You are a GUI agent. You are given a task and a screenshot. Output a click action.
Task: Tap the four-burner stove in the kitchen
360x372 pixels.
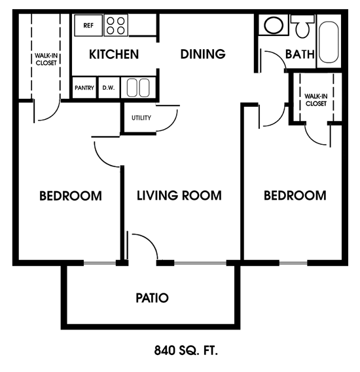(116, 26)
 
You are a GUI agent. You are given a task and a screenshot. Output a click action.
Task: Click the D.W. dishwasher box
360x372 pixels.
(107, 88)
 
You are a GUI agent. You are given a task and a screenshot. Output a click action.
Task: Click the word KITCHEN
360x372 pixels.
(114, 54)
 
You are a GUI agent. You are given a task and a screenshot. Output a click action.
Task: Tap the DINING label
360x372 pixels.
(203, 54)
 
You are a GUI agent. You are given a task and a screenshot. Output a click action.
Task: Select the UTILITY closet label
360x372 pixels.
(141, 118)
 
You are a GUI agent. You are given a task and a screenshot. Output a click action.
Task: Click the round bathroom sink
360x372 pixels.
(273, 26)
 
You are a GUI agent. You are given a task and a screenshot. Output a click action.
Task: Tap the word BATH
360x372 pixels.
(300, 54)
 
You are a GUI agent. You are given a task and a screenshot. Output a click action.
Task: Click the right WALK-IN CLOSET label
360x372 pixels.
(315, 100)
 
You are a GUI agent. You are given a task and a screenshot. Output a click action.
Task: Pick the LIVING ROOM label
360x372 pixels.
(179, 195)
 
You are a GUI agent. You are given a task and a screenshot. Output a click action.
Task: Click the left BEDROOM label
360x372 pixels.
(70, 195)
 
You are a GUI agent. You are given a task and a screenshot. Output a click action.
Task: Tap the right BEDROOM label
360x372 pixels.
(295, 195)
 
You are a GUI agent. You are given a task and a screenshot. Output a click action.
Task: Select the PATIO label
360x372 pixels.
(152, 298)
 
